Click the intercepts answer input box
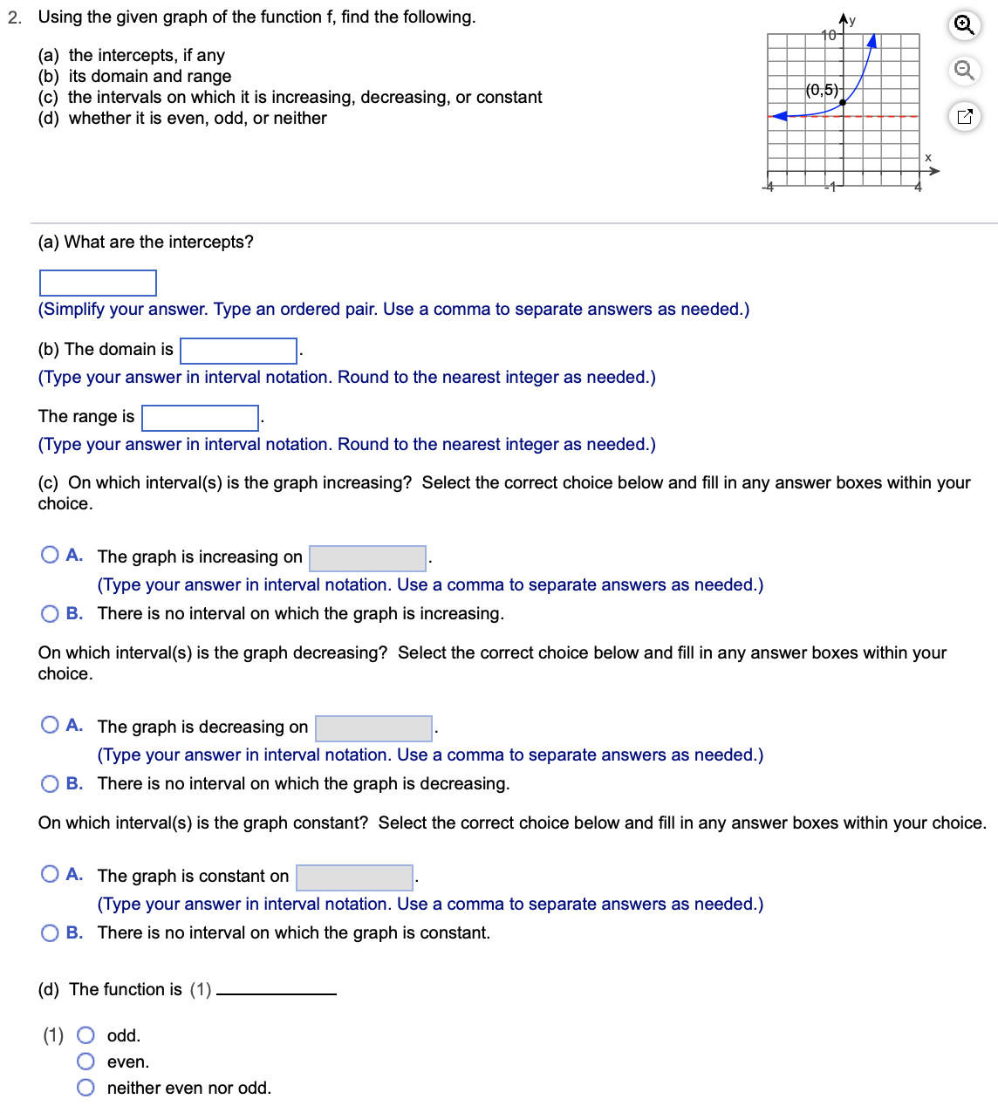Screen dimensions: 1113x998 pos(98,283)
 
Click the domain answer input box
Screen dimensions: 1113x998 pos(238,351)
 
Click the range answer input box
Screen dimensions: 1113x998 pos(201,418)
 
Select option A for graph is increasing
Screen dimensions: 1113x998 pos(51,555)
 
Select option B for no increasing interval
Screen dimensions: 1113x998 pos(51,613)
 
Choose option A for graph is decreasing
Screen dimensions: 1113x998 pos(51,725)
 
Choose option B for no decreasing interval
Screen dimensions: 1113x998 pos(51,783)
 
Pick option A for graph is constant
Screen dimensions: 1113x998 pos(51,874)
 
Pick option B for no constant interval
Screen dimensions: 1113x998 pos(51,932)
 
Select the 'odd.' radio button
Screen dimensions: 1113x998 pos(85,1035)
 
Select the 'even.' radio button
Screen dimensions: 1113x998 pos(85,1062)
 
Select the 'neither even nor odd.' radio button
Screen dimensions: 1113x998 pos(85,1088)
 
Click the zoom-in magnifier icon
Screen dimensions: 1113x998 pos(964,25)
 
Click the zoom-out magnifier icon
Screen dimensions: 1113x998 pos(964,70)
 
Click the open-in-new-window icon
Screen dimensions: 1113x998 pos(964,116)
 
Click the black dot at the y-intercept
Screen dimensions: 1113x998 pos(843,102)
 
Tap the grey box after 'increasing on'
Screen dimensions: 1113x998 pos(367,558)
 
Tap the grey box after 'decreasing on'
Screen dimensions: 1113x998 pos(373,728)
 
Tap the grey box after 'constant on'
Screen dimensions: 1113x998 pos(354,877)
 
